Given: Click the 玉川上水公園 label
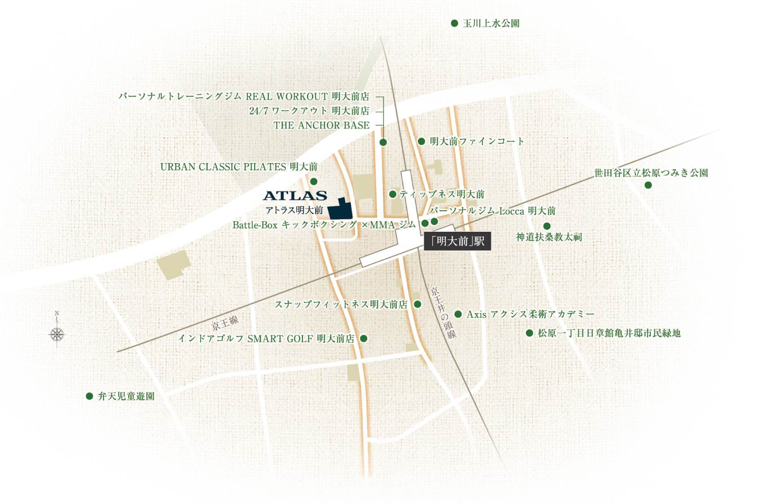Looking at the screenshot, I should [491, 23].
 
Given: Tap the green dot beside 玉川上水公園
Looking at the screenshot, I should [454, 23].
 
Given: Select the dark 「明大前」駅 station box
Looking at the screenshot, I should [457, 242].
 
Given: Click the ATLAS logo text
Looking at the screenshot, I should [295, 195].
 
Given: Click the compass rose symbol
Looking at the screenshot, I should [57, 334].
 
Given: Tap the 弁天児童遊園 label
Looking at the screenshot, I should [126, 397].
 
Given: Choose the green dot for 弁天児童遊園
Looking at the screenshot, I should [89, 396].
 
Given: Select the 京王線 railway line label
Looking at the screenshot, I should [225, 322].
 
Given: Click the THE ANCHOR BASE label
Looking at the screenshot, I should [322, 125].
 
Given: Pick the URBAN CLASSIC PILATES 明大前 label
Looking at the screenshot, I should [239, 167].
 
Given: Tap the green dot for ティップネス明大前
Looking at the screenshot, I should [393, 194].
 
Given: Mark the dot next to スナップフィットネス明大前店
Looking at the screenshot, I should [417, 304].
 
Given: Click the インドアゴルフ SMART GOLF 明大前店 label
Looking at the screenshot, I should [266, 339].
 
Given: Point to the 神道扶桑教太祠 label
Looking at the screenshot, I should [548, 237].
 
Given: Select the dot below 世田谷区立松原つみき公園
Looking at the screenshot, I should [648, 185].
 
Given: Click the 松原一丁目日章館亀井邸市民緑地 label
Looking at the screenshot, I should [609, 333].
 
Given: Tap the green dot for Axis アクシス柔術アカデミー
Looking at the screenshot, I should [458, 314].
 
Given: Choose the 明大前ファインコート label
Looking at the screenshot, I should [477, 141].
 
